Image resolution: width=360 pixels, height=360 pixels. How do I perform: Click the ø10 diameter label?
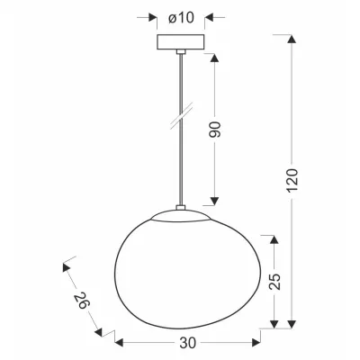179,16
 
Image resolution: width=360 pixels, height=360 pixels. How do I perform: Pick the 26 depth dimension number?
82,301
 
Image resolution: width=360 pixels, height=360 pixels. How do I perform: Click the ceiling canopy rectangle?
179,42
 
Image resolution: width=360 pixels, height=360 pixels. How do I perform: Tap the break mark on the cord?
181,118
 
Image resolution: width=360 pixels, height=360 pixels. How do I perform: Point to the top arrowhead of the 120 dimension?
291,38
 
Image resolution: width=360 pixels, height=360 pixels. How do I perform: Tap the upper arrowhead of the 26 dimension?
65,266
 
